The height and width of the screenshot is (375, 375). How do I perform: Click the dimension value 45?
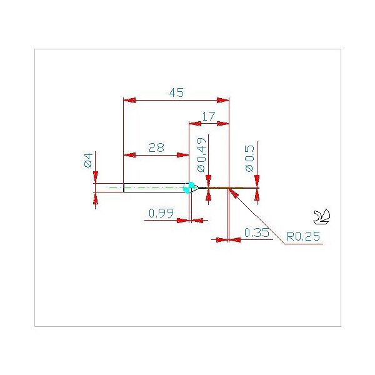176,92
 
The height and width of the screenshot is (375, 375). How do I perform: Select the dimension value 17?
209,116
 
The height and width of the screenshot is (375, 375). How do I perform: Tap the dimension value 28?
156,147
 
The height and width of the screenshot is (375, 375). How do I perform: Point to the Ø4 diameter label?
88,160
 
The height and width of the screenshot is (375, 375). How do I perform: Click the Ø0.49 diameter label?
201,155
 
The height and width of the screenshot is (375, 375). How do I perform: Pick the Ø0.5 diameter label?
249,158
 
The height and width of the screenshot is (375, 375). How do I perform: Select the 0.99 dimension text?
161,213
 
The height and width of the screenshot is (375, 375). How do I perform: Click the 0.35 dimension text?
257,232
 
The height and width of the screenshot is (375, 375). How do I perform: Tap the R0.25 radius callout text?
303,236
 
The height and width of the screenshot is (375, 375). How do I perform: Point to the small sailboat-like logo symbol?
322,217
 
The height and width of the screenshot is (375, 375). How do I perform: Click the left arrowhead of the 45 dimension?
129,100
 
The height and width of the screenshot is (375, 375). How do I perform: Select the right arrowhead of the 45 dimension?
223,100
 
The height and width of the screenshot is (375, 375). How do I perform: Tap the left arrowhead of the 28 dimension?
130,155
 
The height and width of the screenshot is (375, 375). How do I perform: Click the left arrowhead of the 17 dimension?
195,124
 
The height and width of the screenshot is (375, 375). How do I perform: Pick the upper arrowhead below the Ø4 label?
96,177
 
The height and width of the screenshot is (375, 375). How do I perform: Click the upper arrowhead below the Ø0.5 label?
257,181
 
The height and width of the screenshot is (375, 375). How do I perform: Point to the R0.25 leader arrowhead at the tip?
234,193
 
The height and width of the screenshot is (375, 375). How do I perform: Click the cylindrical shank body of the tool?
156,187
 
